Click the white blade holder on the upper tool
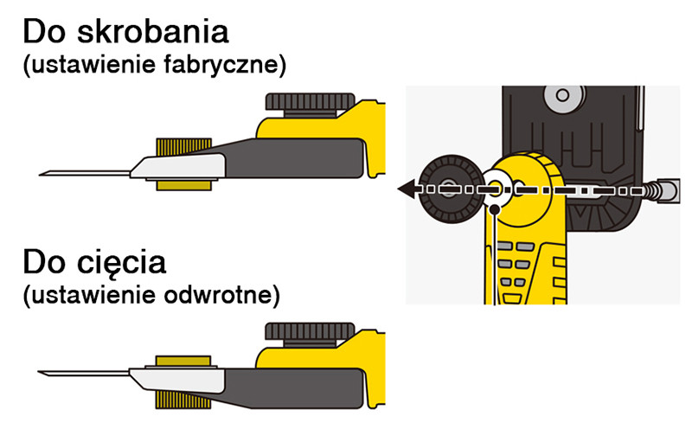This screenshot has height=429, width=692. pos(177,165)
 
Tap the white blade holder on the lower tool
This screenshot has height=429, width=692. pos(173,378)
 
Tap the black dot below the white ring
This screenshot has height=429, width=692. pos(494,208)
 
